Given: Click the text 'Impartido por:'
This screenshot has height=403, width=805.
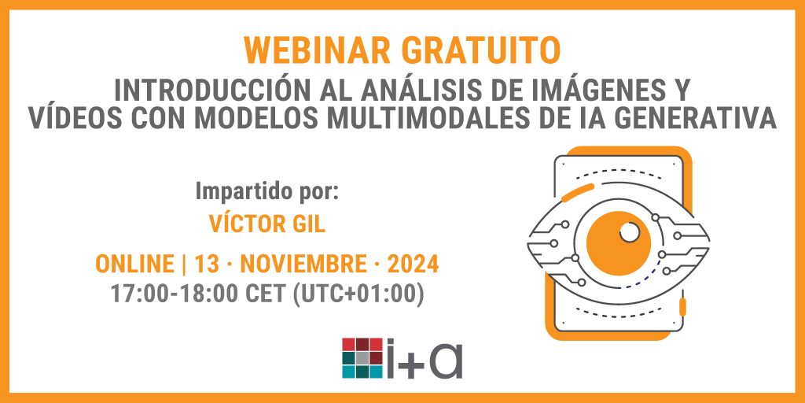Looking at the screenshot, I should click(266, 191).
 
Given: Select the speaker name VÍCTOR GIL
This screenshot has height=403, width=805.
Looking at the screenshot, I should click(266, 224).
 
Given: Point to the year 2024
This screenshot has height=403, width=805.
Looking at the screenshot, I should click(410, 264).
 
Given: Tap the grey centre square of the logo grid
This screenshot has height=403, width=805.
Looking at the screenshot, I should click(362, 357).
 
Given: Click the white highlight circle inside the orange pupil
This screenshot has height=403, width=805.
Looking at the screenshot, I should click(629, 232).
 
